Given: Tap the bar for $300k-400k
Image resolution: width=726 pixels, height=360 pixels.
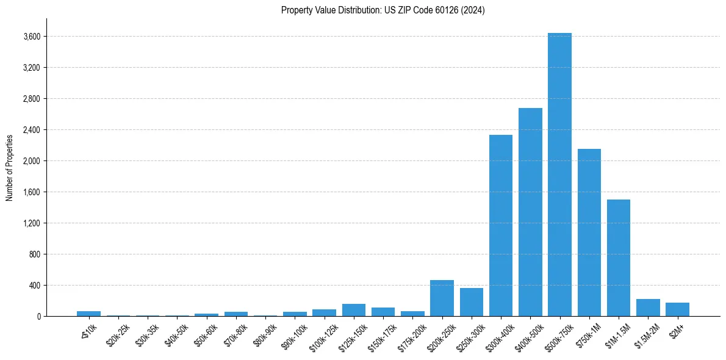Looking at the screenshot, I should (x=501, y=226).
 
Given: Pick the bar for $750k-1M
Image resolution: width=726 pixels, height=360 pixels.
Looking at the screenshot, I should (x=589, y=232).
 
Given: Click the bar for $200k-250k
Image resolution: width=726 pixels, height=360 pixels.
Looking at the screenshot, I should (x=442, y=298).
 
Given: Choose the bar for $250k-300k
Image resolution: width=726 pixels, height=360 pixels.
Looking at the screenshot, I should (x=472, y=302).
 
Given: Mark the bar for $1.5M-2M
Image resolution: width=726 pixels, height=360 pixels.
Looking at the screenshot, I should (x=648, y=308).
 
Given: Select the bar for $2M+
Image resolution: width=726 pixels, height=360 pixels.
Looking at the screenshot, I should (x=677, y=309).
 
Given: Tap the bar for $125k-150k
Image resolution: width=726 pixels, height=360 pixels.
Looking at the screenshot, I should (x=354, y=310).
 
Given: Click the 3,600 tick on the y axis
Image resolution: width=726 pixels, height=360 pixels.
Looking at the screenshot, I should (x=31, y=37).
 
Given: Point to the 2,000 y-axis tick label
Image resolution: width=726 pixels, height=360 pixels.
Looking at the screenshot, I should (x=31, y=161).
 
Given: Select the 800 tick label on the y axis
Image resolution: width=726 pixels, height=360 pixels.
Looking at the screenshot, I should (x=34, y=254).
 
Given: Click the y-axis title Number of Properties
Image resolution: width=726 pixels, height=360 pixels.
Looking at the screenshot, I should (x=9, y=167).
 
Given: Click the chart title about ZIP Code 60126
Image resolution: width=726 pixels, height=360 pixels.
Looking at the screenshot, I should (x=383, y=10).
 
